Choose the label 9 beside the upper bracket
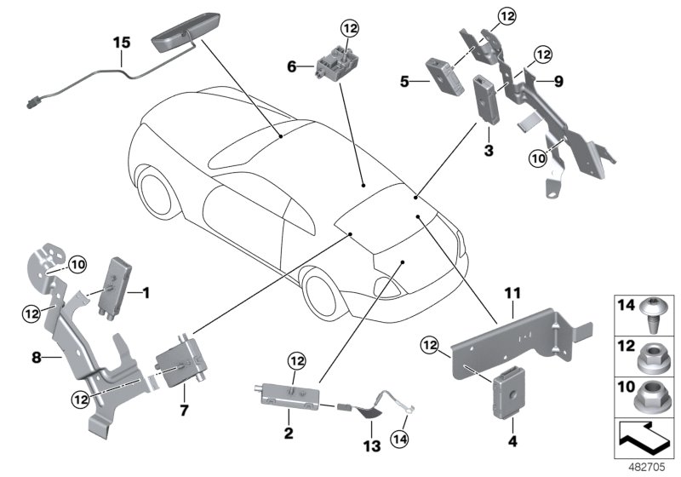point(558,82)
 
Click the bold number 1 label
point(146,294)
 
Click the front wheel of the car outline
point(157,193)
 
